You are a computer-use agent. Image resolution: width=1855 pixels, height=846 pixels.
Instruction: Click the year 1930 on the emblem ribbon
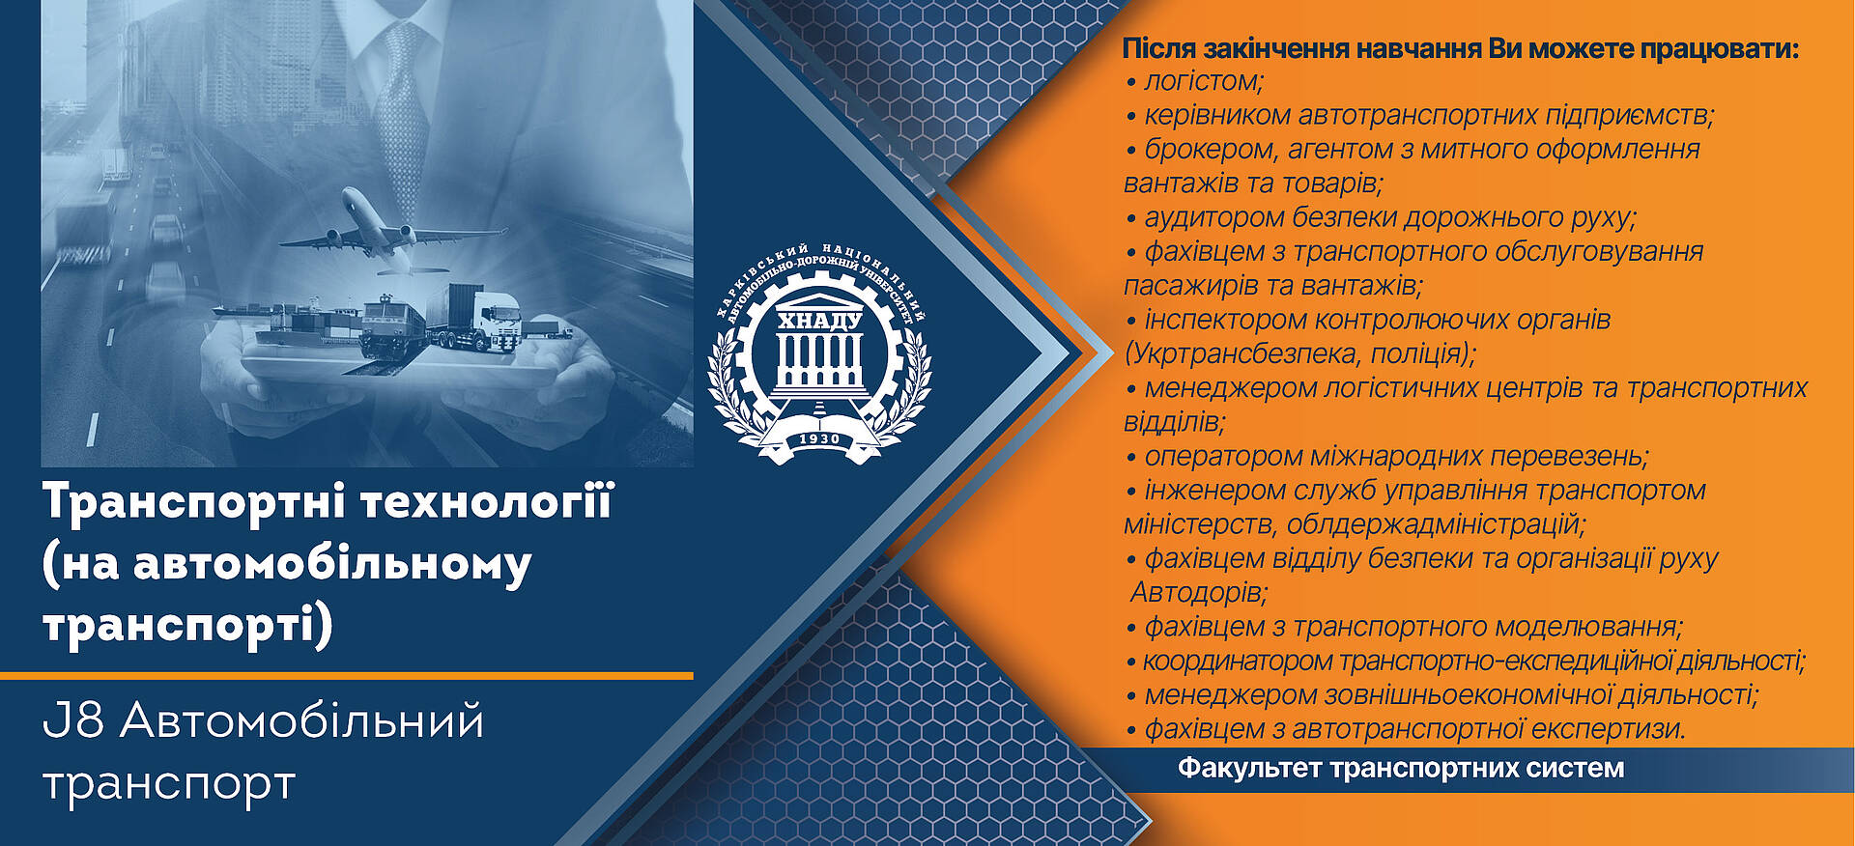(x=819, y=439)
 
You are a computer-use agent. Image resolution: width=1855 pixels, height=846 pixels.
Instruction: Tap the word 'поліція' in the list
(x=1417, y=353)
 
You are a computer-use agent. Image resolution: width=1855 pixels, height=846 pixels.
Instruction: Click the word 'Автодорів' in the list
(x=1198, y=591)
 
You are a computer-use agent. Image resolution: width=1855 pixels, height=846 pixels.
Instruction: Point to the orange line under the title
(x=347, y=675)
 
